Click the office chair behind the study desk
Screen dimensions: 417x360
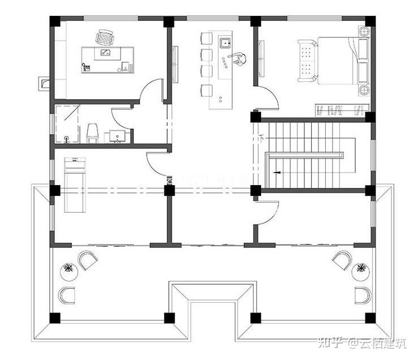104,37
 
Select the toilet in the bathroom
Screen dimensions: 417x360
92,133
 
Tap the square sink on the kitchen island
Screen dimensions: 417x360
225,43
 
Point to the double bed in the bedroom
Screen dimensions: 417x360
343,61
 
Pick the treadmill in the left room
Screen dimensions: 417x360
75,185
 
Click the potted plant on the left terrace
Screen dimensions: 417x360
69,272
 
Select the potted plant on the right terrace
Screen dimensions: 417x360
360,272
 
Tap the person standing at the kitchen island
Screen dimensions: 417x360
239,59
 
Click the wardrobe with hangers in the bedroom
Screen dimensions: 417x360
342,110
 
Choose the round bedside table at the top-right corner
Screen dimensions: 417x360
364,31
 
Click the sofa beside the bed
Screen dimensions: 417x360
308,61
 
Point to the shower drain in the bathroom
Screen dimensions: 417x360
66,138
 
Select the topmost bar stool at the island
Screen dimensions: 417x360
206,38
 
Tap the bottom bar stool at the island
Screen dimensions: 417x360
206,91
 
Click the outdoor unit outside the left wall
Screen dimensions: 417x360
44,83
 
